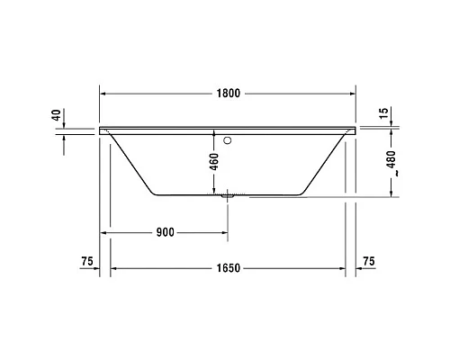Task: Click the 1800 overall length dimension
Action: (227, 93)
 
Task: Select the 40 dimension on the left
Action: (56, 115)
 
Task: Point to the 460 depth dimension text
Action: (214, 163)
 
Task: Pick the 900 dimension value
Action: (165, 232)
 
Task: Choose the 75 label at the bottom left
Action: (86, 261)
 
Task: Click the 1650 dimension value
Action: (227, 268)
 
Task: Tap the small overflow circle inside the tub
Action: (228, 140)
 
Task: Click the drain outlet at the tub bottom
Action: (227, 193)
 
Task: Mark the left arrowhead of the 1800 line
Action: (103, 93)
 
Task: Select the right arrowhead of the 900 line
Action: (224, 232)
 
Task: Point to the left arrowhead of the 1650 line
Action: (113, 268)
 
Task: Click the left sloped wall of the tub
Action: (129, 162)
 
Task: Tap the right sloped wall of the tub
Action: (327, 162)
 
